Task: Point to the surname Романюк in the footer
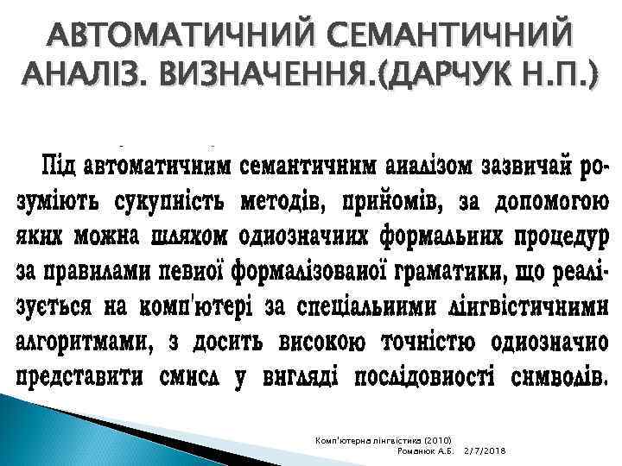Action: coord(412,452)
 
